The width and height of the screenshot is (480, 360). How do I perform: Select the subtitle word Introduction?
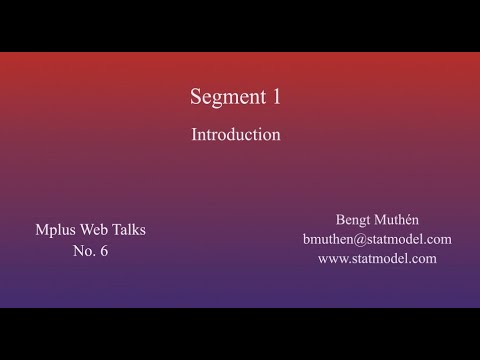point(236,134)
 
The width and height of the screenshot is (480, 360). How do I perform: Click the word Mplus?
point(54,230)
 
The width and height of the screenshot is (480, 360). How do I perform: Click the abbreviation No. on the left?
point(82,251)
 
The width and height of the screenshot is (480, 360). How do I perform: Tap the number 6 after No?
point(104,251)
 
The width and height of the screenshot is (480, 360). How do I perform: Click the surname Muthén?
point(404,219)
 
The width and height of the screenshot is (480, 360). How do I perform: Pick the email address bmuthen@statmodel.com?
point(377,239)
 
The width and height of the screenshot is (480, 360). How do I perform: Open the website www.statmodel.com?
point(377,258)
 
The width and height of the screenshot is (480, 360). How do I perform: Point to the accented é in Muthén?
point(417,219)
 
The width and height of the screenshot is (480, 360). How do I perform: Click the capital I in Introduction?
point(195,134)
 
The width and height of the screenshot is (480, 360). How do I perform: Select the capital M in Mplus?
point(40,230)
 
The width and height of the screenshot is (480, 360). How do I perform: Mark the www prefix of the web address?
point(331,259)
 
